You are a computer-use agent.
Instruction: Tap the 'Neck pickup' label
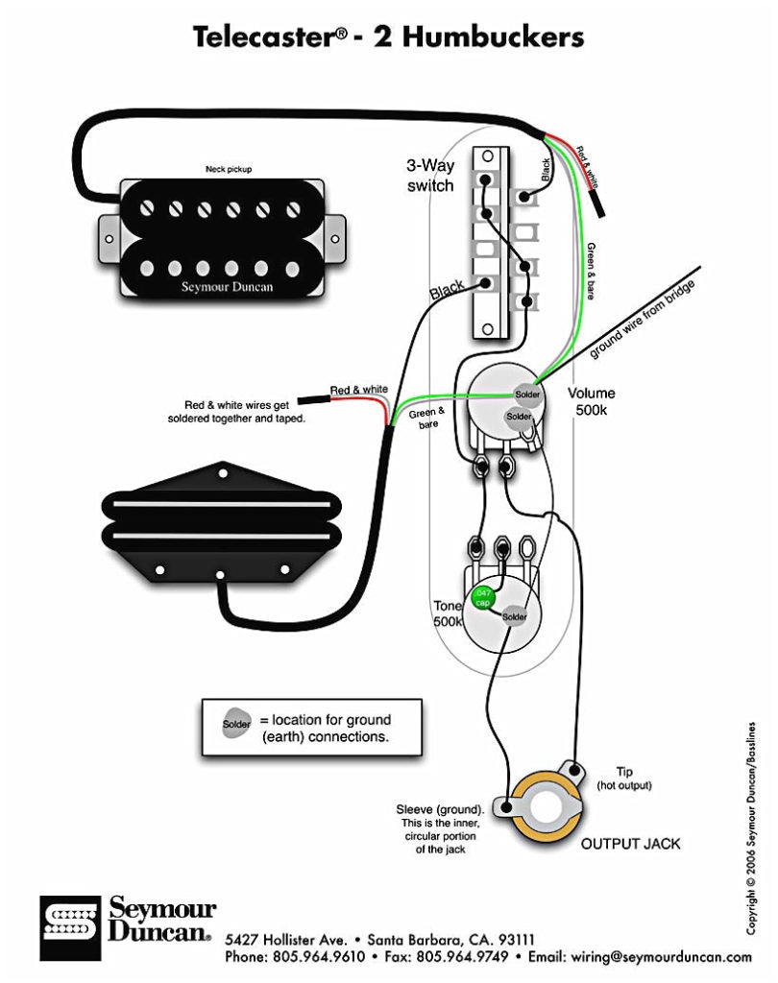coord(229,169)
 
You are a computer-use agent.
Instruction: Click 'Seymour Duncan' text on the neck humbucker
coord(227,287)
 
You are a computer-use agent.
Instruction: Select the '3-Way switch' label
coord(429,176)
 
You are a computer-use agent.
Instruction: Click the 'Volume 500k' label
coord(591,401)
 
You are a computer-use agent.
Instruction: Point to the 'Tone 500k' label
coord(448,613)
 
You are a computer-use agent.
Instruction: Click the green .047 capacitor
coord(483,597)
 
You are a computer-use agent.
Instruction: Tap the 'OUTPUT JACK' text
coord(630,844)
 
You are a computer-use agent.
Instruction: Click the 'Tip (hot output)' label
coord(624,779)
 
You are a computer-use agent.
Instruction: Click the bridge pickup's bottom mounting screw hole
coord(222,576)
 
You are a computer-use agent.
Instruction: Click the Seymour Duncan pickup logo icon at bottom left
coord(69,928)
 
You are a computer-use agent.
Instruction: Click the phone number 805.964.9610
coord(324,958)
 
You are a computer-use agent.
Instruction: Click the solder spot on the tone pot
coord(515,616)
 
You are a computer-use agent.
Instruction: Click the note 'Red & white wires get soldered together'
coord(243,412)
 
